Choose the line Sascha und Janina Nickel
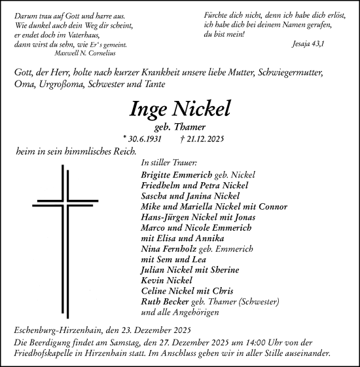coord(181,196)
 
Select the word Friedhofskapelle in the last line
coord(46,352)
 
